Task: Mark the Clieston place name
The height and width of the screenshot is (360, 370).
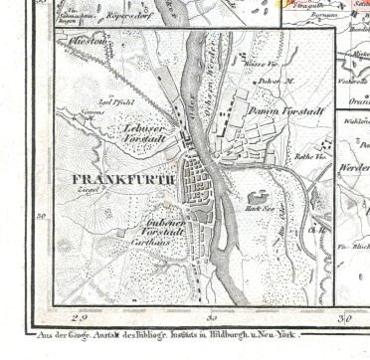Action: click(90, 43)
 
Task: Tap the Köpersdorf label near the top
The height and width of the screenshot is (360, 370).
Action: click(129, 17)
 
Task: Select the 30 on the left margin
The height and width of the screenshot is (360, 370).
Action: click(42, 214)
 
